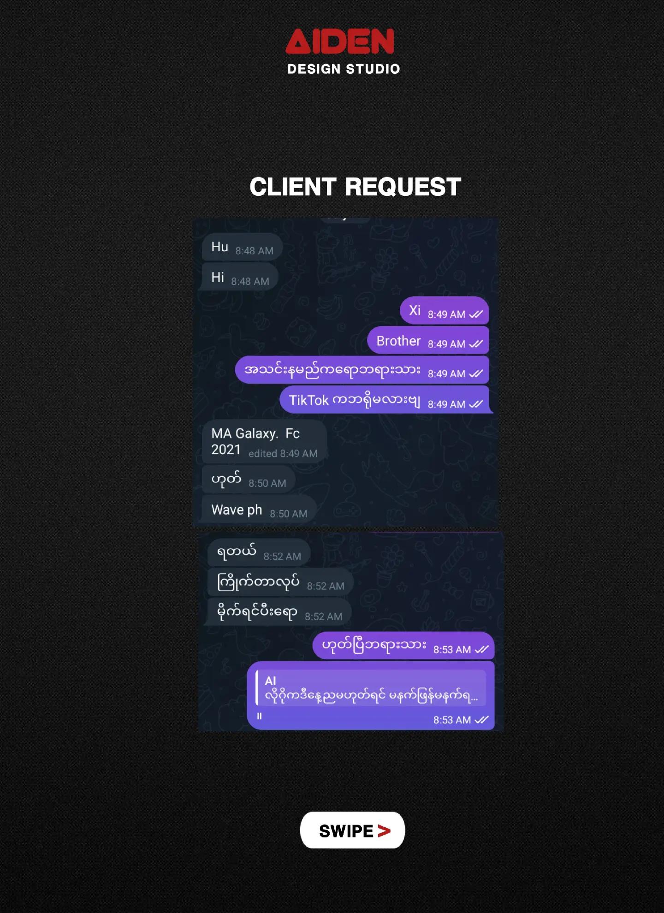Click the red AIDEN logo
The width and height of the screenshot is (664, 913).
pyautogui.click(x=340, y=41)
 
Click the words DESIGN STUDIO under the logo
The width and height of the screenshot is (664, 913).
pyautogui.click(x=344, y=69)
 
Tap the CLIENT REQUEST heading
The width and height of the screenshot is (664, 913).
pyautogui.click(x=355, y=187)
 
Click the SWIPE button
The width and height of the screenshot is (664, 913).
pyautogui.click(x=353, y=830)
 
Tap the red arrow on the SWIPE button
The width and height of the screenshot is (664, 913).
pyautogui.click(x=384, y=831)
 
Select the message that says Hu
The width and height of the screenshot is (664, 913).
pyautogui.click(x=242, y=248)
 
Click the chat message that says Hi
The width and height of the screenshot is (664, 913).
pyautogui.click(x=240, y=278)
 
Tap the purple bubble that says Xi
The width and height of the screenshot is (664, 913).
pyautogui.click(x=444, y=311)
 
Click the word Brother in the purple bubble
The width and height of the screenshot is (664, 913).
pyautogui.click(x=398, y=341)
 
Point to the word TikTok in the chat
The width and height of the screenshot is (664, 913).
pyautogui.click(x=308, y=400)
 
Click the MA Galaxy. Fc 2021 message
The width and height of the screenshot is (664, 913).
pyautogui.click(x=264, y=441)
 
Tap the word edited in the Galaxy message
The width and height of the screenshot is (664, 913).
pyautogui.click(x=262, y=454)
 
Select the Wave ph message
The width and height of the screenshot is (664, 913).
pyautogui.click(x=259, y=510)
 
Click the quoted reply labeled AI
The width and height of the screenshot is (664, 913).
pyautogui.click(x=371, y=688)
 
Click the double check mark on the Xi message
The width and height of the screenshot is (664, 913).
pyautogui.click(x=476, y=314)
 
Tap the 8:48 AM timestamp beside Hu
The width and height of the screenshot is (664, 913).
pyautogui.click(x=254, y=251)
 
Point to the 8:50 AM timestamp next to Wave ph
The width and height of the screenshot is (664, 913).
pyautogui.click(x=288, y=514)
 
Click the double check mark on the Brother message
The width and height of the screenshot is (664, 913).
pyautogui.click(x=476, y=344)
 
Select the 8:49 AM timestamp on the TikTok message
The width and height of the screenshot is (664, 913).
pyautogui.click(x=446, y=404)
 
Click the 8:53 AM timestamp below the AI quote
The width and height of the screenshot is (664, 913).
pyautogui.click(x=452, y=720)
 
